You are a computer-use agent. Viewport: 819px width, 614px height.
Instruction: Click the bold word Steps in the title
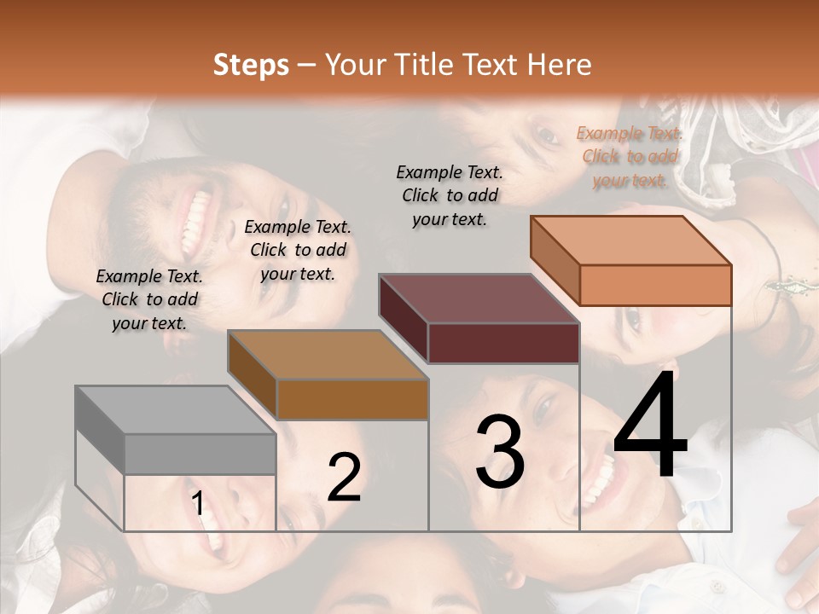point(251,65)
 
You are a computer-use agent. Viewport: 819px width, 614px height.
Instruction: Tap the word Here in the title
point(559,65)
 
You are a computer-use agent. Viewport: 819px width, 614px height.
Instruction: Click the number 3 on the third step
point(500,452)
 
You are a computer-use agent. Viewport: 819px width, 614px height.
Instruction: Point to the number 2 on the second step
point(344,478)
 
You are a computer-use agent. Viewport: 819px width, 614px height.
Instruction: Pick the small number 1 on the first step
point(198,504)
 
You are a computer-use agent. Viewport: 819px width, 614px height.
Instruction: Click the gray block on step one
point(175,431)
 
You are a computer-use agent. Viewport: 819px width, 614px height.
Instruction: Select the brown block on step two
point(328,375)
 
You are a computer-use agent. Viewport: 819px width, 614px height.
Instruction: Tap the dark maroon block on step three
point(479,319)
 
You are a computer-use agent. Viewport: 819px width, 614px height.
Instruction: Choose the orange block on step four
point(631,261)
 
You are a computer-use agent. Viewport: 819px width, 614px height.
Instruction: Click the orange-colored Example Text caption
point(630,157)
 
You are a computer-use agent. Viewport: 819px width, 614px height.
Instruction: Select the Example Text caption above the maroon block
point(450,195)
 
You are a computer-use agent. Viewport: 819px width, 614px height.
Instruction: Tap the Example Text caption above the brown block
point(298,250)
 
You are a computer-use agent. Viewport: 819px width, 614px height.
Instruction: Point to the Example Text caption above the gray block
point(149,300)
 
